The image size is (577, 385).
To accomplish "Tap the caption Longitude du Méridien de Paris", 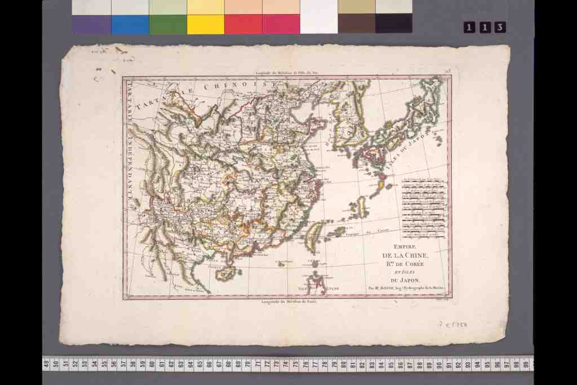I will [x=287, y=301].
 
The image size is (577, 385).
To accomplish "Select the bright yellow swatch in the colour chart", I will [x=205, y=24].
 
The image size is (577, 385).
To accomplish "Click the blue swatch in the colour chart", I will [x=130, y=24].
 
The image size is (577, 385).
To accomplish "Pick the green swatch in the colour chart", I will [x=167, y=24].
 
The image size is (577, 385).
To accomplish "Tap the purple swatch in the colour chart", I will [x=92, y=24].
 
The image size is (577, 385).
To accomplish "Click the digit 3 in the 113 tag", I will [x=499, y=27].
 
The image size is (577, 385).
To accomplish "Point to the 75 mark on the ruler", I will [x=287, y=363].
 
